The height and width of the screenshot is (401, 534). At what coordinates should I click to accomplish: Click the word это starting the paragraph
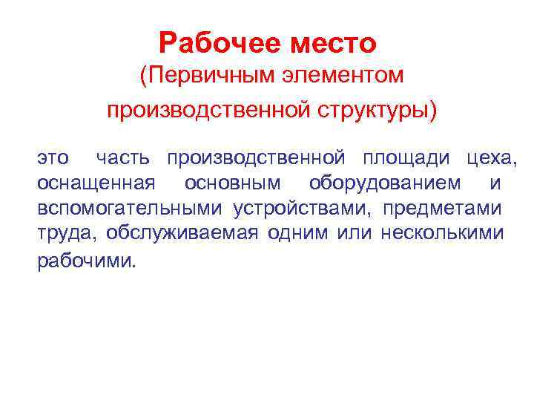point(53,157)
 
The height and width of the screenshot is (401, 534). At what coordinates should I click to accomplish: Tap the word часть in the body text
point(122,157)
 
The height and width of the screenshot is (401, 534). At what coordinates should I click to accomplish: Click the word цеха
point(489,157)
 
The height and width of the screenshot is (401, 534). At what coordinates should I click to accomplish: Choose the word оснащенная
point(96,182)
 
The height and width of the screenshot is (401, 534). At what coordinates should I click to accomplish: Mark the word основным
point(233,182)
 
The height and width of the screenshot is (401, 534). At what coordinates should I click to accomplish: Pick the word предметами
point(442,208)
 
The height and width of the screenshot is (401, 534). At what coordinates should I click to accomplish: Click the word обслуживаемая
point(182,234)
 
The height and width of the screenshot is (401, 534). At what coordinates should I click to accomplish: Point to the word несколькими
point(443,234)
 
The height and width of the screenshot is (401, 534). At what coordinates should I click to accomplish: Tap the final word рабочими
point(87,261)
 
